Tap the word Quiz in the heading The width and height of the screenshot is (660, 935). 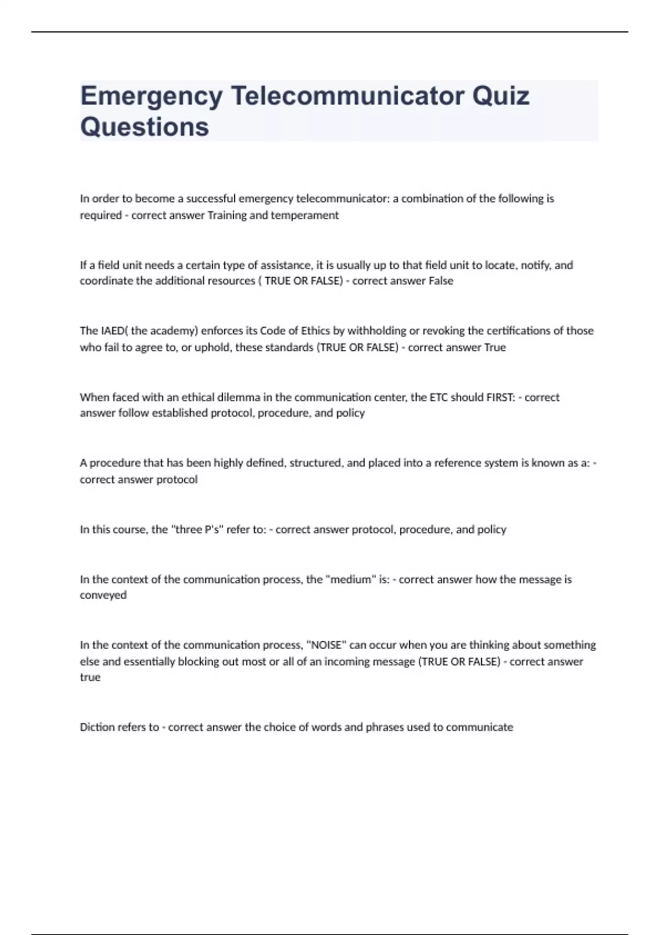[x=501, y=96]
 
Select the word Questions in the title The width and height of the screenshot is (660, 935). [x=145, y=127]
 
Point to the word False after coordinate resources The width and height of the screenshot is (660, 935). [x=441, y=280]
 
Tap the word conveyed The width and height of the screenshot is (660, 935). [x=103, y=595]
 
